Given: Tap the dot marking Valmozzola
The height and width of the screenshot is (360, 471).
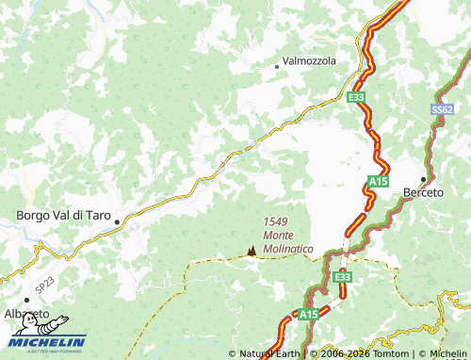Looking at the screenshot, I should [277, 66].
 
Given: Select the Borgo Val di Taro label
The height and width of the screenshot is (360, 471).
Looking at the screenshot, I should [64, 215].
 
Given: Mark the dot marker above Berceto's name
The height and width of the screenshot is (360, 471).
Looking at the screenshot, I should [423, 178].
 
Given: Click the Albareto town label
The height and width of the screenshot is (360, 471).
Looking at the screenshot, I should [26, 312].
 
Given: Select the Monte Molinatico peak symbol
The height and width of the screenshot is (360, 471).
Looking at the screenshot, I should [251, 251].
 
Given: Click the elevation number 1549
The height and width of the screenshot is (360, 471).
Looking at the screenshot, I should [276, 221].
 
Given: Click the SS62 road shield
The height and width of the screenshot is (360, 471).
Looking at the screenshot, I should [442, 110].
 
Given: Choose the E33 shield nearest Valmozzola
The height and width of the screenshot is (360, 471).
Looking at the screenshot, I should [356, 98].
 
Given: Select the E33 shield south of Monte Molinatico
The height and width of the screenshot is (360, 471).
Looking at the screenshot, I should [342, 276].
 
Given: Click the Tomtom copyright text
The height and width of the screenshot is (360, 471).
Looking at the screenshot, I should [361, 354].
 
